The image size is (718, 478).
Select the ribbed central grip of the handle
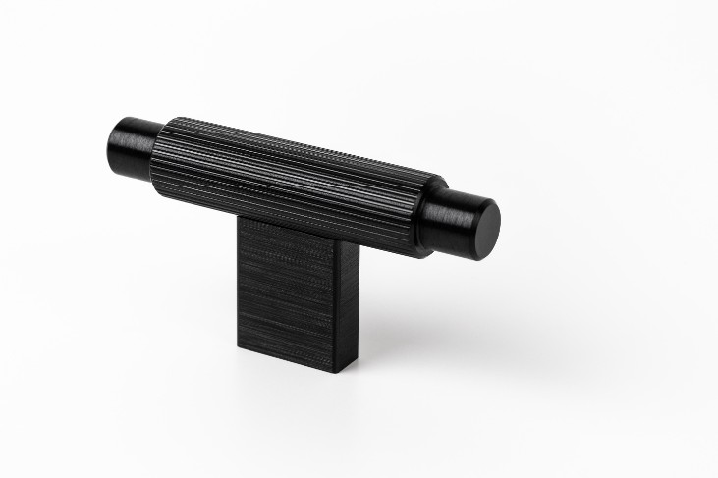[x=295, y=182]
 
